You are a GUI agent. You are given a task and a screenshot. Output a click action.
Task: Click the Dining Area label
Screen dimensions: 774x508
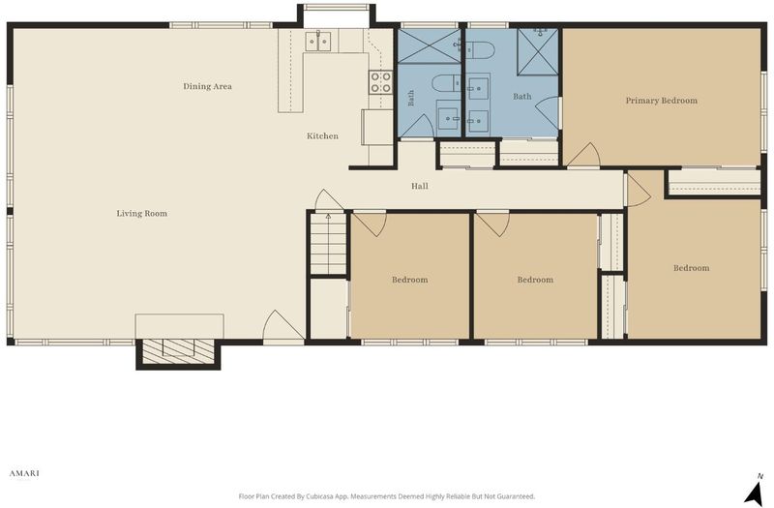207,86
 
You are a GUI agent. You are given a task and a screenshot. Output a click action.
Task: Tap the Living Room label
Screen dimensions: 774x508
141,213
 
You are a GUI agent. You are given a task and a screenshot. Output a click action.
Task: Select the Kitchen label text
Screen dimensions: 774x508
322,135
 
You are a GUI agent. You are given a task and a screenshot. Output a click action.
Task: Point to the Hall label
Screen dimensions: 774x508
420,186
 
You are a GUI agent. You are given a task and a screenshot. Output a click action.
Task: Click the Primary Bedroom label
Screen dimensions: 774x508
662,101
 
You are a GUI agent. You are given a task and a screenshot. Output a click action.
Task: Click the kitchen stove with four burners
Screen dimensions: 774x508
380,82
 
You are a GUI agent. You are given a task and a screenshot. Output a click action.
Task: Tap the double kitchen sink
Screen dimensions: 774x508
318,42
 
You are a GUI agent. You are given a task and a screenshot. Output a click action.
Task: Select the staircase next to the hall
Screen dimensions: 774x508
328,244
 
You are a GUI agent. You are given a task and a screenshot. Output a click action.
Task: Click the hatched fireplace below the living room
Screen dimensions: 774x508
178,351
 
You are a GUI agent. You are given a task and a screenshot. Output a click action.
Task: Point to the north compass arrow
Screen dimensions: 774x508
754,492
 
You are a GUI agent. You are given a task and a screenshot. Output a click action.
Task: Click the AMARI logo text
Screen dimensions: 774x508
24,473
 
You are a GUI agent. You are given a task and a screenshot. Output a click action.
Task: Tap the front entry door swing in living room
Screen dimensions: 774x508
283,325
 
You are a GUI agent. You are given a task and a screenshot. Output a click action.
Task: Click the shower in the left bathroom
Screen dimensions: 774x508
429,45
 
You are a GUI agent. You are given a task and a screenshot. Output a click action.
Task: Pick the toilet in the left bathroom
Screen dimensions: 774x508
446,82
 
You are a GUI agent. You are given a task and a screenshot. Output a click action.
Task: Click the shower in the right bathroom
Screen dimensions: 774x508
538,52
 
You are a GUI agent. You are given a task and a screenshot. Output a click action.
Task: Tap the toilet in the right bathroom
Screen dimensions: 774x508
480,50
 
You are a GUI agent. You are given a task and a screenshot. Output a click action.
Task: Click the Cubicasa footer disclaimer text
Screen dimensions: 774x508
386,496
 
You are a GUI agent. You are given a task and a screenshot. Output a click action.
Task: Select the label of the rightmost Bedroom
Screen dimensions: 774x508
691,268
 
